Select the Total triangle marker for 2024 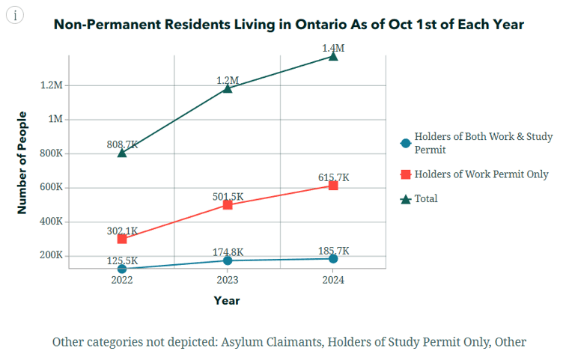(x=333, y=56)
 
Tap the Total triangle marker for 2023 (x=228, y=88)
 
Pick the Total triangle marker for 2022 (x=122, y=153)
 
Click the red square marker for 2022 (x=122, y=239)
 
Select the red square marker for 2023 (x=228, y=204)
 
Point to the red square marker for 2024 (x=333, y=185)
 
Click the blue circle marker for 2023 (x=228, y=260)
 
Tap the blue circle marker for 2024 (x=333, y=258)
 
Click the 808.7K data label (x=123, y=144)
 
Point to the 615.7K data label (x=334, y=177)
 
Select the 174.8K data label (x=228, y=251)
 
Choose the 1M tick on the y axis (x=55, y=120)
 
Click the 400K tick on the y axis (x=50, y=222)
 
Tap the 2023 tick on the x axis (x=228, y=280)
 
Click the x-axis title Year (x=227, y=300)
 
